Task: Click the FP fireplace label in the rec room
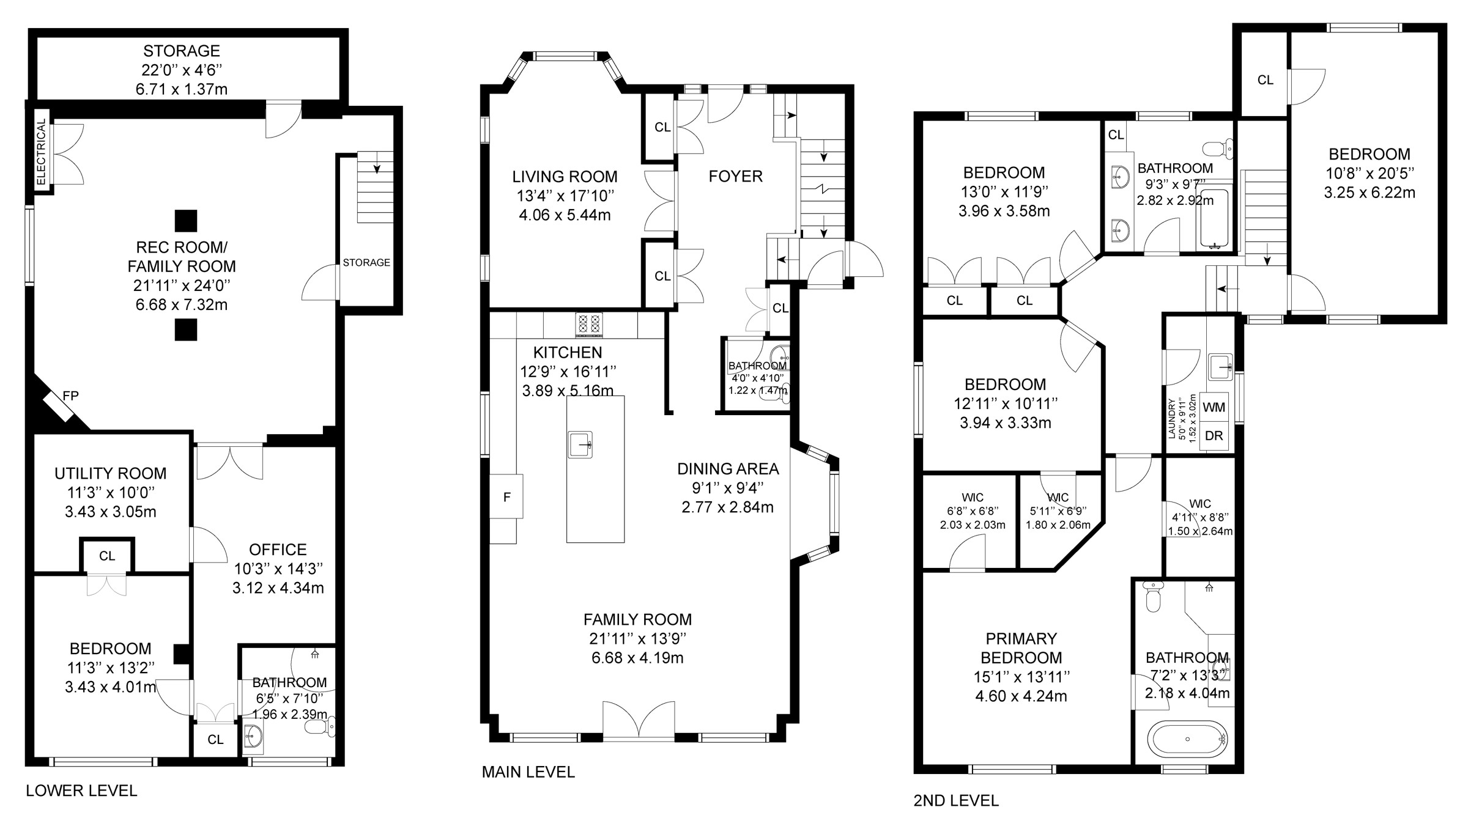click(x=70, y=396)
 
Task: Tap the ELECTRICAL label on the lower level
click(x=41, y=152)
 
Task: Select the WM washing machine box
click(x=1214, y=407)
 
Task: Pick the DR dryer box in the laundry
click(x=1214, y=436)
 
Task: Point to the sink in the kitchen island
click(x=580, y=444)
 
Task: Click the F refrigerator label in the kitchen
click(x=506, y=498)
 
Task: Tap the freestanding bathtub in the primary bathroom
click(x=1187, y=739)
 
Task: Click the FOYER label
click(x=735, y=177)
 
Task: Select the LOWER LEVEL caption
click(x=81, y=790)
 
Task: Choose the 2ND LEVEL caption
click(x=956, y=800)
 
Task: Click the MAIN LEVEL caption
click(x=528, y=772)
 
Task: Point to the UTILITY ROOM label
click(x=110, y=473)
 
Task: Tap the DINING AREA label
click(x=728, y=469)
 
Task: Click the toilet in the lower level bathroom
click(x=319, y=726)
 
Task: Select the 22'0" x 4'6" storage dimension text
click(x=182, y=70)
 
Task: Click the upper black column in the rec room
click(x=186, y=221)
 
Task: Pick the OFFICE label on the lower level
click(x=278, y=549)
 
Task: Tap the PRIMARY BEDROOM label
click(x=1021, y=648)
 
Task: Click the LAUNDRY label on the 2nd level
click(x=1172, y=419)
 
